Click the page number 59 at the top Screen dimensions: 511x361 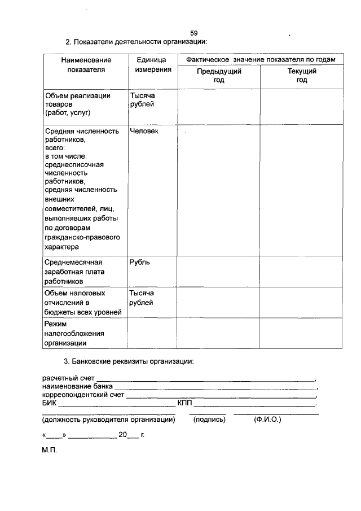[x=193, y=33]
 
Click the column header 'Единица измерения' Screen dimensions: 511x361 [x=151, y=64]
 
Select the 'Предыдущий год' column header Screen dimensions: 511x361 [x=219, y=76]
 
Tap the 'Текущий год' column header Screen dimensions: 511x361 [x=302, y=76]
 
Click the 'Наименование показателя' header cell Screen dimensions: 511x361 [x=86, y=64]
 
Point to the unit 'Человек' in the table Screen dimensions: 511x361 [x=144, y=131]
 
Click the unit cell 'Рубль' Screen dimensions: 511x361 [x=140, y=263]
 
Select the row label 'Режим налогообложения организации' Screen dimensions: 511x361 [x=71, y=333]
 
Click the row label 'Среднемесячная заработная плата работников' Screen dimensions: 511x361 [x=74, y=272]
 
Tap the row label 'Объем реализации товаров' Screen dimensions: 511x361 [x=77, y=104]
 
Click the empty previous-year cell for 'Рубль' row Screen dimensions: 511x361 [x=219, y=272]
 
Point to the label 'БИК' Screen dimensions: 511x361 [x=49, y=403]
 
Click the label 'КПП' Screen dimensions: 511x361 [x=185, y=403]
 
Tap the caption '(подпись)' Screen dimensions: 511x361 [x=209, y=420]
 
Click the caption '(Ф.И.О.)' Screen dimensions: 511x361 [x=267, y=420]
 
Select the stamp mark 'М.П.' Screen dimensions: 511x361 [x=50, y=452]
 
